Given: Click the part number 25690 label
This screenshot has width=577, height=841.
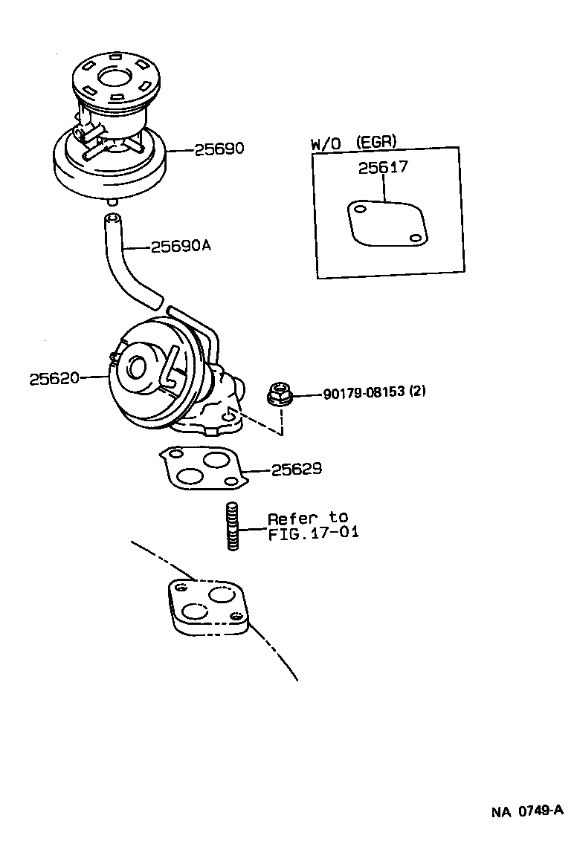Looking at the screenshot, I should pos(219,149).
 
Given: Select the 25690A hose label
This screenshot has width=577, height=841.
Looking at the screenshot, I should pos(181,246).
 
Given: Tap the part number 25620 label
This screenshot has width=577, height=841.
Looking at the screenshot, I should pos(54,378).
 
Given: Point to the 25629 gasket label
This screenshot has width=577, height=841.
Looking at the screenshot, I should pos(296,469).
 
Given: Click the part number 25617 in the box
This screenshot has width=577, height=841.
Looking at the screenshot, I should pos(382,168).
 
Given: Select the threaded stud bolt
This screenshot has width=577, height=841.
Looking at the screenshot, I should pos(232,526).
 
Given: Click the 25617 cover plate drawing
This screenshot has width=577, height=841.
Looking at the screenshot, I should pos(386,224).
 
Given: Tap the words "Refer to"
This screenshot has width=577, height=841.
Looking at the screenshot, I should pos(307,518).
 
